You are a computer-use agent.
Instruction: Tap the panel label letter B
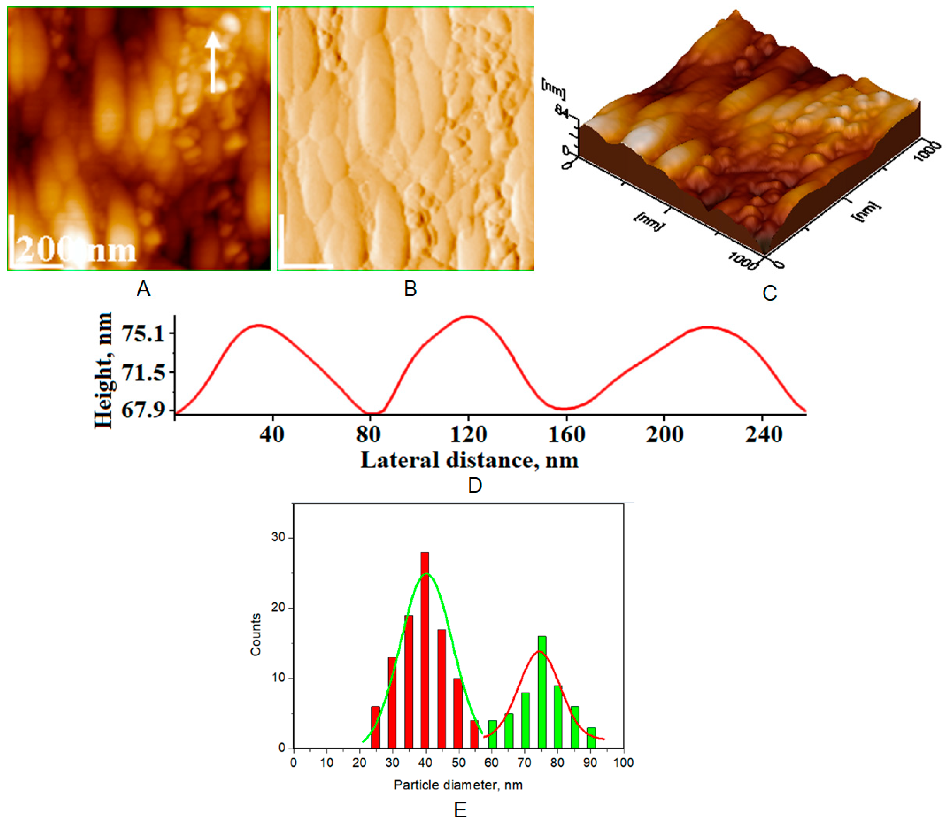click(x=410, y=289)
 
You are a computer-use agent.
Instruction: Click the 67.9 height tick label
click(x=143, y=410)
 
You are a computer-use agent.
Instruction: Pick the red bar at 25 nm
click(x=375, y=727)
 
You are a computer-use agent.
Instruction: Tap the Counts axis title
click(x=256, y=635)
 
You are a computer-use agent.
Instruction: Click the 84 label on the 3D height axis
click(x=561, y=111)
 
